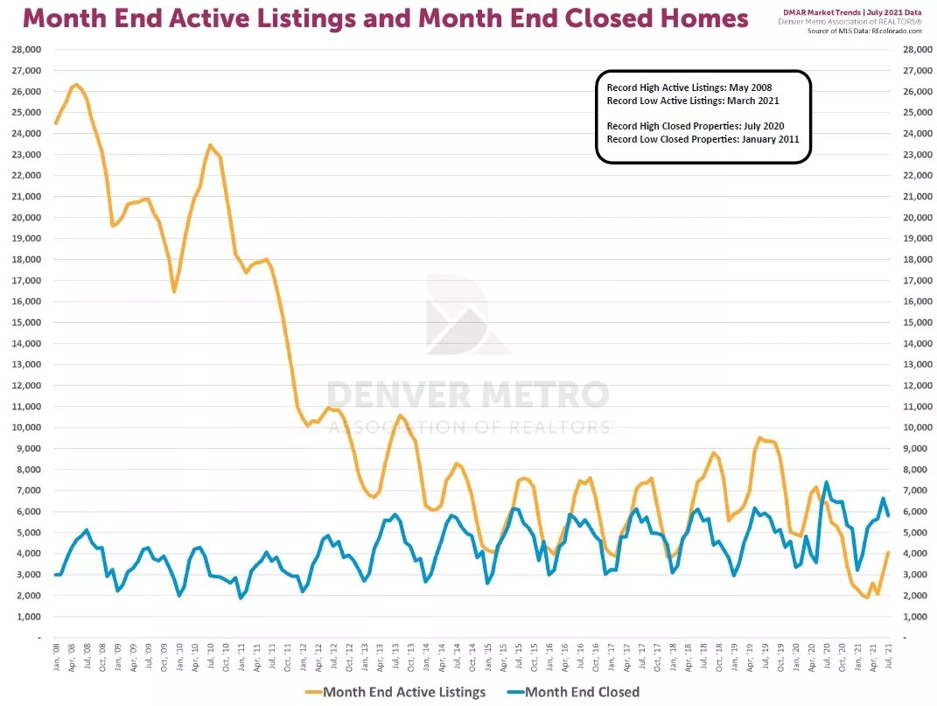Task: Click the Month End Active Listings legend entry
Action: [x=405, y=692]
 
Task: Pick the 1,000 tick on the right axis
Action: [x=910, y=616]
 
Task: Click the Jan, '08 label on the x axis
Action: [x=56, y=656]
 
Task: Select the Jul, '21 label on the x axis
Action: [x=889, y=656]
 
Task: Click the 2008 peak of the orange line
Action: [x=76, y=85]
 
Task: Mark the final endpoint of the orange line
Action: [x=889, y=552]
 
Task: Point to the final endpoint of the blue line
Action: [x=889, y=515]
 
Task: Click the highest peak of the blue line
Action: [x=826, y=482]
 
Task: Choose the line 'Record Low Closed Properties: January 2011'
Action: [x=703, y=139]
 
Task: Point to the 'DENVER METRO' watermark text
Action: [x=468, y=395]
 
